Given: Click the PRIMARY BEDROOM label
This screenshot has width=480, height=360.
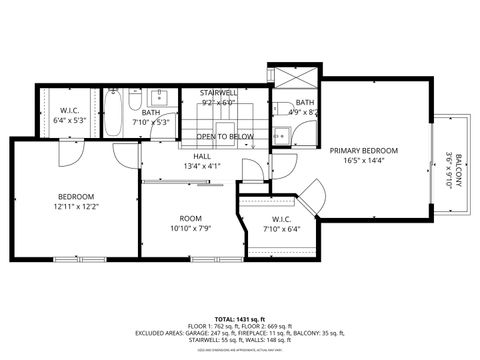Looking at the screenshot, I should [363, 151].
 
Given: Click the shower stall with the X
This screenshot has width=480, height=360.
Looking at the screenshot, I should [293, 78].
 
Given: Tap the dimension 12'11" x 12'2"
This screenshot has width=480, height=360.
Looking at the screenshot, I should [75, 207].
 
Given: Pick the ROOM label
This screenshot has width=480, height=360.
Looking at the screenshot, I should [190, 218].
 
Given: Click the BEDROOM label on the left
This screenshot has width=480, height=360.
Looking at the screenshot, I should [75, 196].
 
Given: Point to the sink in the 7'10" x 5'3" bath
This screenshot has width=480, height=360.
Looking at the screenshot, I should [159, 97].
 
